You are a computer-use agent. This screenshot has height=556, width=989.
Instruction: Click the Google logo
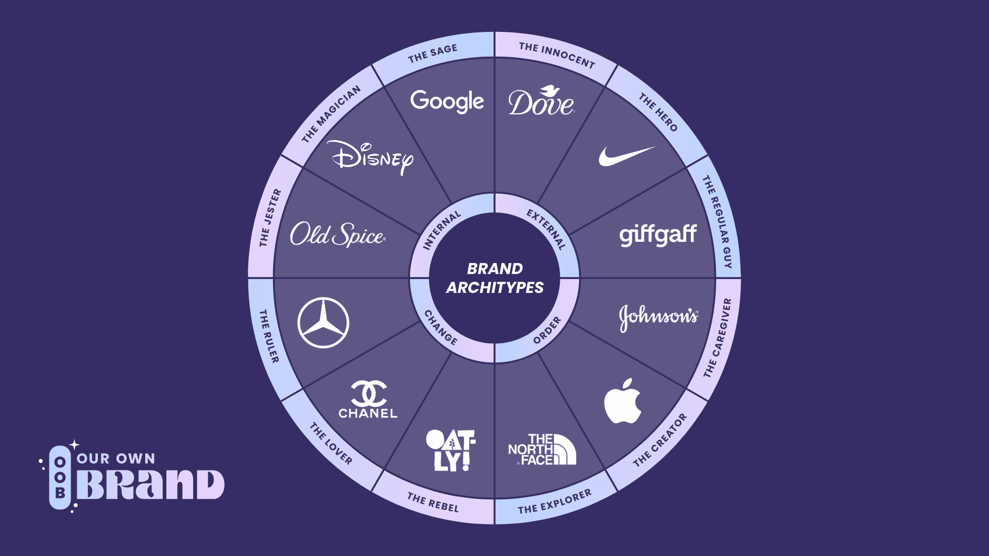pyautogui.click(x=447, y=101)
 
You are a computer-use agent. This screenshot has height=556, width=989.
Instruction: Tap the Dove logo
pyautogui.click(x=541, y=101)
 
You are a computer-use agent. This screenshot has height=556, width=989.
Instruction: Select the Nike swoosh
pyautogui.click(x=626, y=156)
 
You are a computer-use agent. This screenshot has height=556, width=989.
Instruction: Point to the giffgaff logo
pyautogui.click(x=658, y=235)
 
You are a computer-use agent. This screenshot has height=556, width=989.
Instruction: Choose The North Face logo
pyautogui.click(x=542, y=449)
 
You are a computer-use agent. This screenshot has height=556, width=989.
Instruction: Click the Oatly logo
pyautogui.click(x=451, y=450)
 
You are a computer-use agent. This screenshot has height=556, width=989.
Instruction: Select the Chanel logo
pyautogui.click(x=368, y=399)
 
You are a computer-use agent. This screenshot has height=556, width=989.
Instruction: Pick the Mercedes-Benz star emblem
pyautogui.click(x=323, y=323)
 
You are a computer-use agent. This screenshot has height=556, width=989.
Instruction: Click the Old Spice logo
pyautogui.click(x=337, y=235)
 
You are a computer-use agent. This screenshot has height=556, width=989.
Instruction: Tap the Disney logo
pyautogui.click(x=370, y=158)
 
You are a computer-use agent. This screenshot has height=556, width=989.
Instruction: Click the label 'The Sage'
pyautogui.click(x=433, y=54)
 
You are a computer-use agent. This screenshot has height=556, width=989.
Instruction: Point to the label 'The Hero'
pyautogui.click(x=658, y=112)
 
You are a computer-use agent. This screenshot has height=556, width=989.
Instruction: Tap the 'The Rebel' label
pyautogui.click(x=433, y=502)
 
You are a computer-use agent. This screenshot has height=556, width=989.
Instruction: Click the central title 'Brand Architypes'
pyautogui.click(x=494, y=278)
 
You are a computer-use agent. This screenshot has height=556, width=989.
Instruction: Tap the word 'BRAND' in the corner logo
pyautogui.click(x=150, y=484)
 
